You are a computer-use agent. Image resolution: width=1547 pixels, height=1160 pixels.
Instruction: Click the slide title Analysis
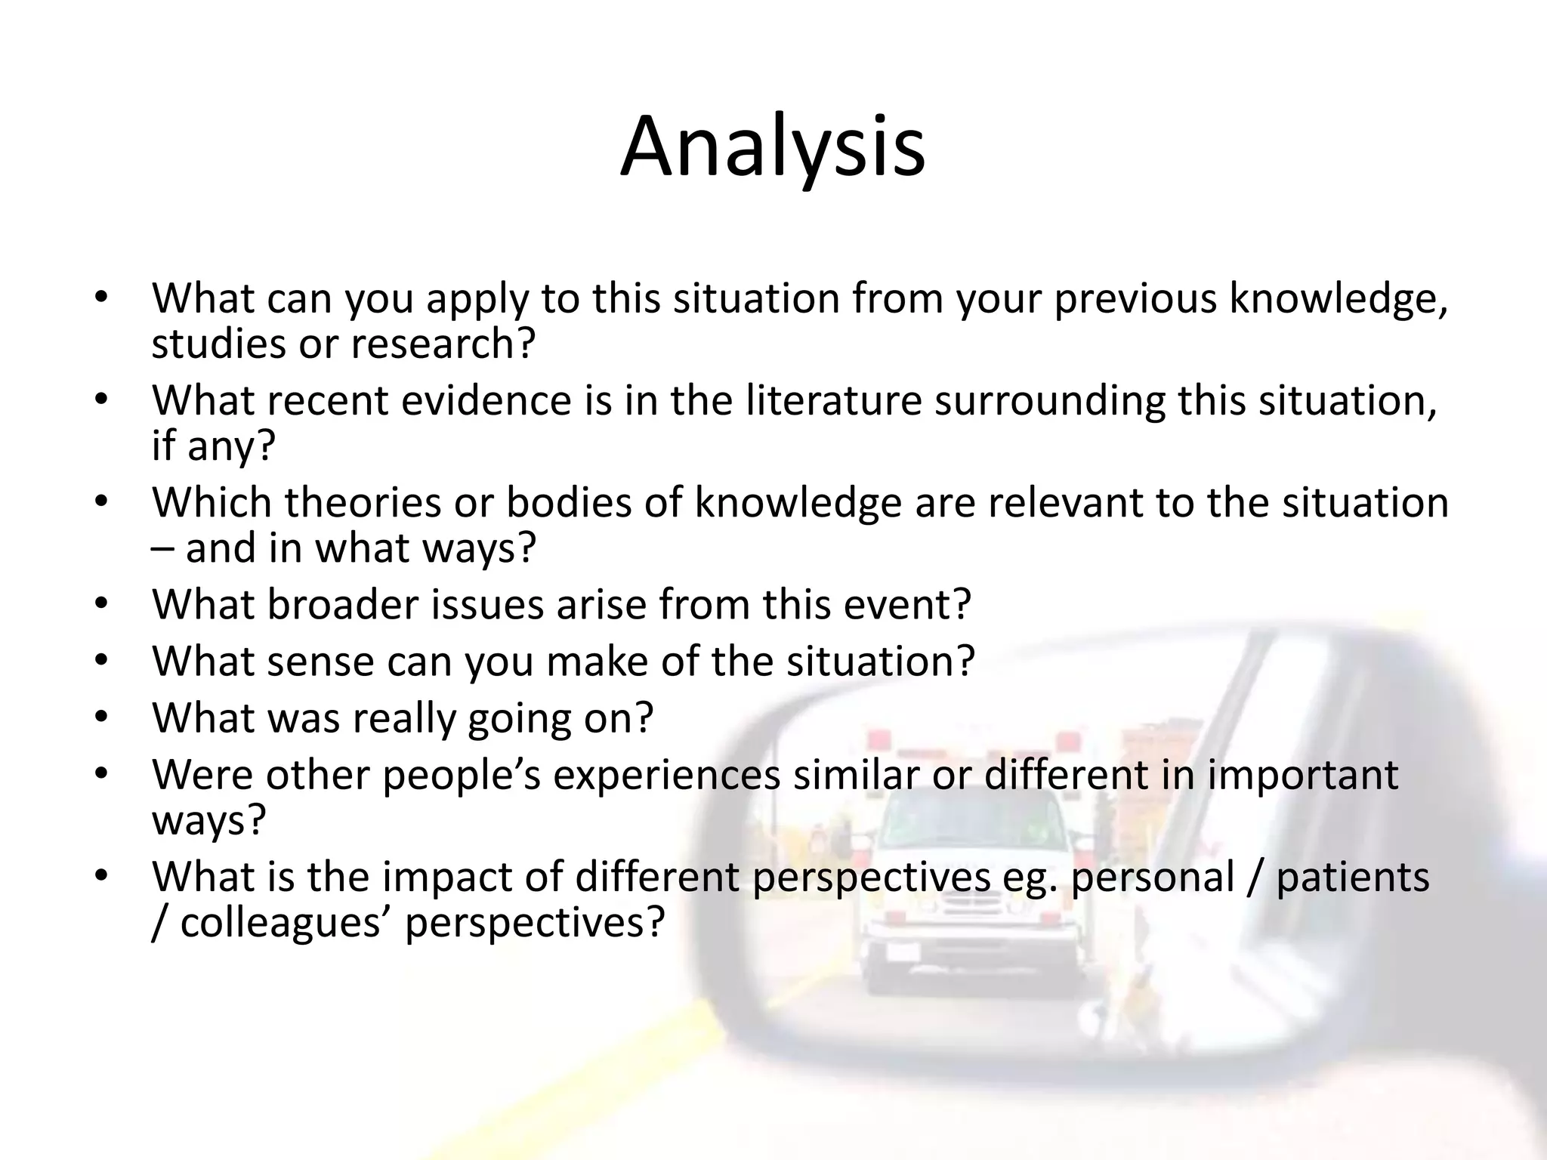pos(773,147)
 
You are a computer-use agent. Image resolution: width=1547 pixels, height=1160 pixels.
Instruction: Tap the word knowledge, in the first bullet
pos(1339,299)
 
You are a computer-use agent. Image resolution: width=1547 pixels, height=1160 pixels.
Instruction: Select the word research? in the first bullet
pos(443,344)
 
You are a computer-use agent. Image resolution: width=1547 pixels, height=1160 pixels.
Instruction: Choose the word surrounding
pos(1050,400)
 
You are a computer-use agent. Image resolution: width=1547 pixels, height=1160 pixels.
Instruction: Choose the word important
pos(1302,775)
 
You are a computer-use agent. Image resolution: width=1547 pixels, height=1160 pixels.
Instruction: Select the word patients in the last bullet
pos(1352,878)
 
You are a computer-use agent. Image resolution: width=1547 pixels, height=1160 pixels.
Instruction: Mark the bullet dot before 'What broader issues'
pos(103,605)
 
